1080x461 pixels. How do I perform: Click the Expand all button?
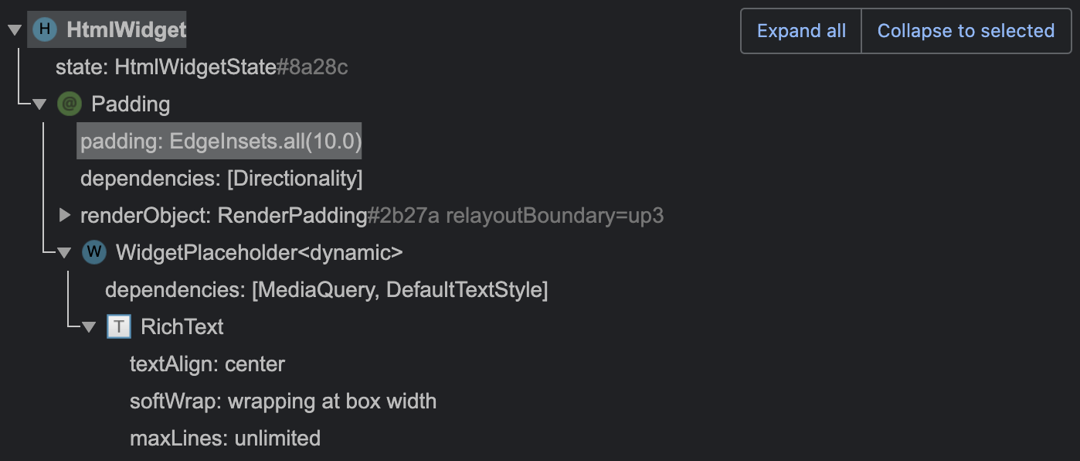pos(801,31)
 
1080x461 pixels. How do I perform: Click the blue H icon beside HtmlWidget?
pos(46,30)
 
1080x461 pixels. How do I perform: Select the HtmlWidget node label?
pos(126,30)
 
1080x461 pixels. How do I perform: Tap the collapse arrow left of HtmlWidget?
pos(14,30)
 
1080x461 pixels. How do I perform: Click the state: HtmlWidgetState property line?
pos(201,67)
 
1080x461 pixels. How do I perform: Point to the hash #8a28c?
pos(312,67)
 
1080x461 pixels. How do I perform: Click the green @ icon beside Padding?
pos(70,104)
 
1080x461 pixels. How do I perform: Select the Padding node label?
pos(131,104)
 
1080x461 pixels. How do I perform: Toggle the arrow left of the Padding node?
pos(39,104)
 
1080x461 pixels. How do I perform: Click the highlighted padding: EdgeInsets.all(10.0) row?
pos(220,142)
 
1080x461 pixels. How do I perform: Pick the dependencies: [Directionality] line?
pos(221,179)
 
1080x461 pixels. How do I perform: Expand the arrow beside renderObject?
pos(65,215)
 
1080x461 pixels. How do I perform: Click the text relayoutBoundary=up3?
pos(554,216)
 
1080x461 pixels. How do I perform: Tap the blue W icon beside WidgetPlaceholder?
pos(93,252)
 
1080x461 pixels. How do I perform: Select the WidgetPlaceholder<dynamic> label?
pos(259,253)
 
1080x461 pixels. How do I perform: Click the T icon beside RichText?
pos(118,326)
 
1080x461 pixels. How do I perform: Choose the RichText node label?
pos(182,326)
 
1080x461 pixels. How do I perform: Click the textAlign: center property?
pos(207,364)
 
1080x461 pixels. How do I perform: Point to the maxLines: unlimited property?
pos(225,438)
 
